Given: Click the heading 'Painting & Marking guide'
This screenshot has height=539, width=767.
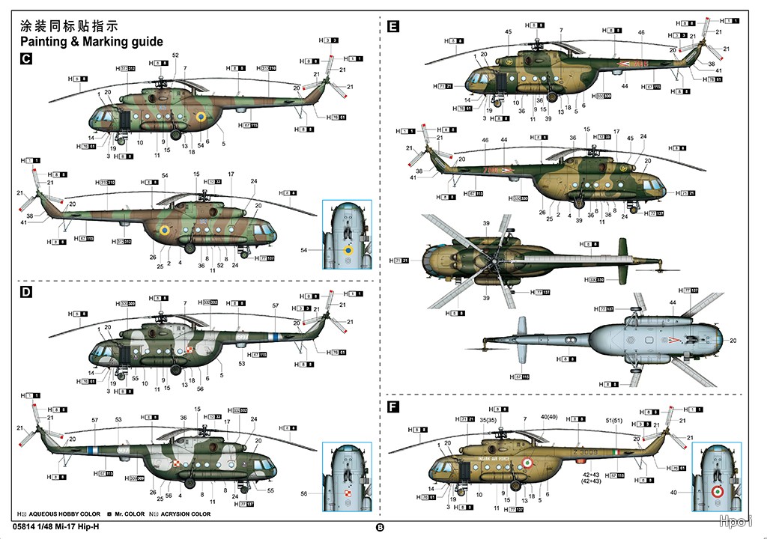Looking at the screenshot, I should coord(91,42).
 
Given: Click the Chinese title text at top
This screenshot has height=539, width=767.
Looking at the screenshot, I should coord(72,24).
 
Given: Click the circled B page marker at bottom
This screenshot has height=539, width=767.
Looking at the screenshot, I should coord(380,527).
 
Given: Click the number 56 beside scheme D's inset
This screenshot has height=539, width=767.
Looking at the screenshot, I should coord(303,493).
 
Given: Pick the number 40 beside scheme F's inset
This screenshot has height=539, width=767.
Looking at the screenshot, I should coord(673,493).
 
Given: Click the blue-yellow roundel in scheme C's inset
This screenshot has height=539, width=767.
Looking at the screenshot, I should coord(348,249).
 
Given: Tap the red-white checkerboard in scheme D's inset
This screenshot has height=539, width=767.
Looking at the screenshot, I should coord(347,494).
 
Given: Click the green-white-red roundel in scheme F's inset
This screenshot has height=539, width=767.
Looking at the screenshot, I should coord(717,493).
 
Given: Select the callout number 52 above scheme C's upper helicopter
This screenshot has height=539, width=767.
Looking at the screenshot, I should coord(175,55).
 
